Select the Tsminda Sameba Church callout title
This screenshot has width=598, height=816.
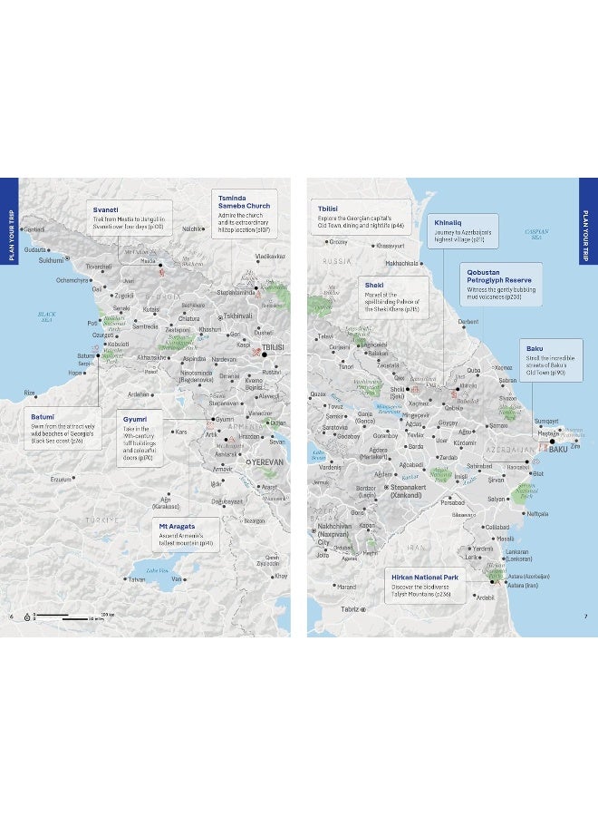click(x=245, y=200)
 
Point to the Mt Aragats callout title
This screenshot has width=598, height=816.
click(x=178, y=525)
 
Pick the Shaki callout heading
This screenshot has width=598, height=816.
click(x=373, y=285)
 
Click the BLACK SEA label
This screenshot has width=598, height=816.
click(x=47, y=316)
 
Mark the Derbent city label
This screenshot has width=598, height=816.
click(x=468, y=322)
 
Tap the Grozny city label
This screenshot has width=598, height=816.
click(x=338, y=242)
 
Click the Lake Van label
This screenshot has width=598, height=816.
click(x=158, y=569)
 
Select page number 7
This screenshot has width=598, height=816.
click(x=586, y=617)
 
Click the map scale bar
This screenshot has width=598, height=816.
click(x=68, y=617)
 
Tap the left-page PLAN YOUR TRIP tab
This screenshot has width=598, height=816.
click(x=10, y=231)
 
